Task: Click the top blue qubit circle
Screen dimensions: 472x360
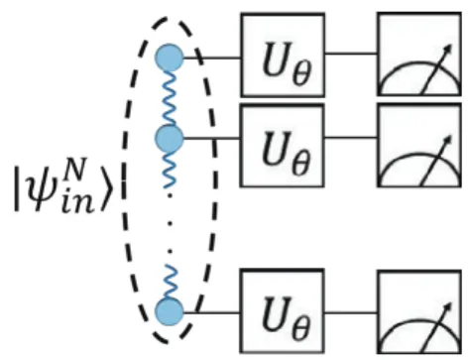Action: tap(170, 58)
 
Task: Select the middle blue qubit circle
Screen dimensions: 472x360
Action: tap(170, 139)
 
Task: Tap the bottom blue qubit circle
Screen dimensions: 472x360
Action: tap(170, 312)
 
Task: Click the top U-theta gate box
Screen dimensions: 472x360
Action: tap(283, 55)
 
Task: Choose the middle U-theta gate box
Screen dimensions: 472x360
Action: tap(282, 146)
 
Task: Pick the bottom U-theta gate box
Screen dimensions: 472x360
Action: tap(282, 311)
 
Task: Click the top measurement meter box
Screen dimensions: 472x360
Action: tap(419, 54)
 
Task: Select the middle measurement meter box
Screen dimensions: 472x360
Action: tap(419, 146)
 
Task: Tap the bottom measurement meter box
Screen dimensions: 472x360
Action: tap(419, 312)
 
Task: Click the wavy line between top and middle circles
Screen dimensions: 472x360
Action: tap(169, 98)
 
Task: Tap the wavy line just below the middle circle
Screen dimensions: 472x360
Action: tap(170, 170)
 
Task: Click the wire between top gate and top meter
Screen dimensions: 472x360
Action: tap(351, 53)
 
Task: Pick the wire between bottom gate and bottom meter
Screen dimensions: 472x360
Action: tap(351, 312)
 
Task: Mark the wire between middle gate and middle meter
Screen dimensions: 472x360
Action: tap(351, 137)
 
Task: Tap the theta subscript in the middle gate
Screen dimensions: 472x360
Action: tap(301, 163)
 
